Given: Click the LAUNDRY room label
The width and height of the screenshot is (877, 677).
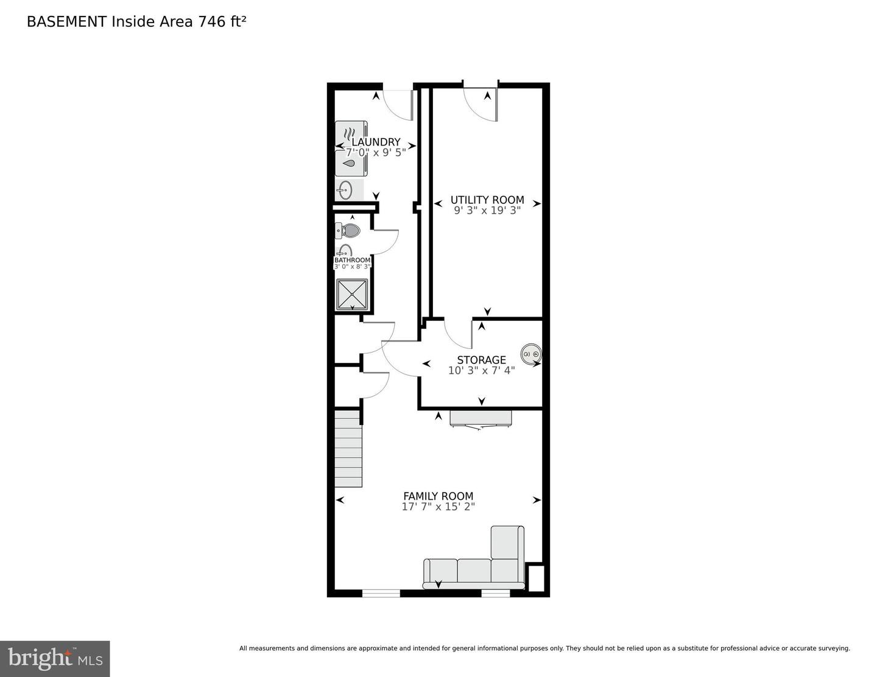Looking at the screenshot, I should point(376,142).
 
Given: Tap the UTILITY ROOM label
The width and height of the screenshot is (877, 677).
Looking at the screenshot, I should point(487,200).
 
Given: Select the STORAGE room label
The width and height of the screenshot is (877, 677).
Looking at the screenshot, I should point(481,360).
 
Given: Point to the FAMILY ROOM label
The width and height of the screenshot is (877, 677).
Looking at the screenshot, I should point(438,496).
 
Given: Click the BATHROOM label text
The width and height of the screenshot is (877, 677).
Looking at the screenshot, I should point(352,260).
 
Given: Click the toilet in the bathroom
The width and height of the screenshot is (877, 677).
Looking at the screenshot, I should point(348,231).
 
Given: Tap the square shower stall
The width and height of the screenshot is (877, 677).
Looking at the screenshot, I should point(352,294).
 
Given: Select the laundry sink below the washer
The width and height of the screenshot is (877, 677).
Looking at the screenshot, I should point(346,189).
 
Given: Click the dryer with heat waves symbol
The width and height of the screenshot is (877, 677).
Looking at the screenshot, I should point(350,134).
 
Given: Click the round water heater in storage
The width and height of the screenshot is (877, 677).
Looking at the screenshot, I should point(530,354).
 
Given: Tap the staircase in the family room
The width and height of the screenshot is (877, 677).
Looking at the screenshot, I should point(348,449).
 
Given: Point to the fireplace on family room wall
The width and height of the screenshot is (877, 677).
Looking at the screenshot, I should point(481,419).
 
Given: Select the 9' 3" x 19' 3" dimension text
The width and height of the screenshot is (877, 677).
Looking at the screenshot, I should point(487,211).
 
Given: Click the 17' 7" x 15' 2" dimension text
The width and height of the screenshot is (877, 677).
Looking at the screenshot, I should point(438,507).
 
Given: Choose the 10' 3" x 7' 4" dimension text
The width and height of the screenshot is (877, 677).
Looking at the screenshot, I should point(481,370).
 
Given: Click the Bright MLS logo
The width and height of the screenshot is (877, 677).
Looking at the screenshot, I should point(55,659).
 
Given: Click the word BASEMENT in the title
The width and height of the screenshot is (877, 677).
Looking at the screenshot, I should point(66,22).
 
